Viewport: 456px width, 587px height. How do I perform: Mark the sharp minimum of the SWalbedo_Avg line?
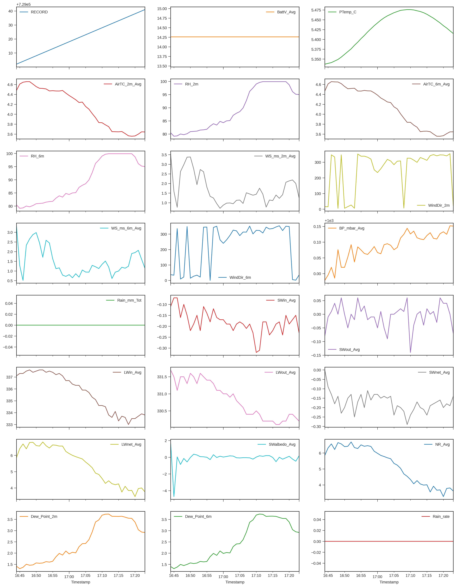click(174, 496)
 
